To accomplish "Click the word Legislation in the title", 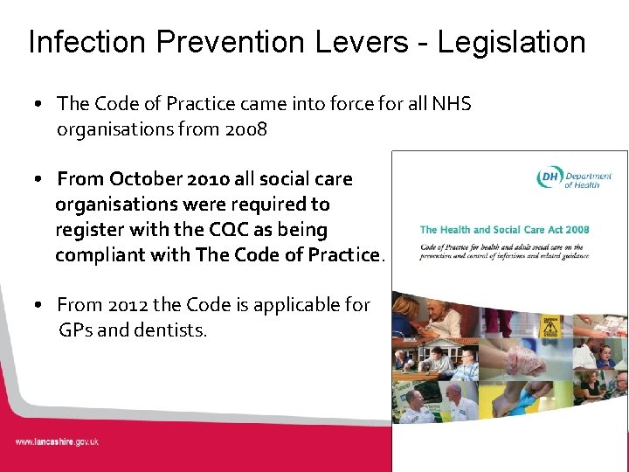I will pos(511,42).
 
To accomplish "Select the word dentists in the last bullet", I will pos(173,330).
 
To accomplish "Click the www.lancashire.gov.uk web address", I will pos(57,441).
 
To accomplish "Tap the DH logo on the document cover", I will pos(550,178).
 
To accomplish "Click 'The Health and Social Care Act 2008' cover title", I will pos(504,230).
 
